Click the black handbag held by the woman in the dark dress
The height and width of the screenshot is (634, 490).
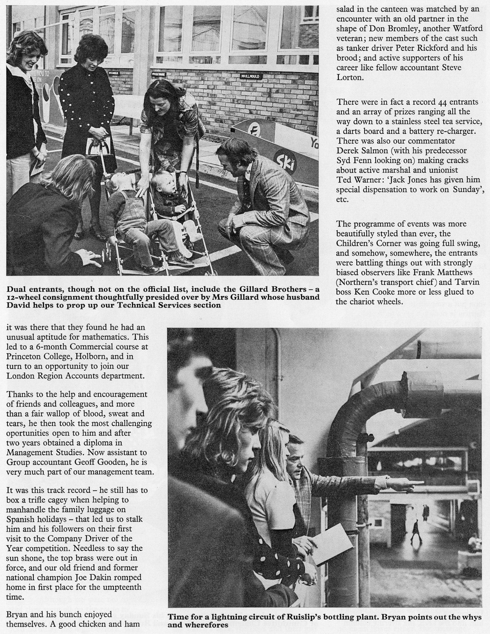97,161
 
